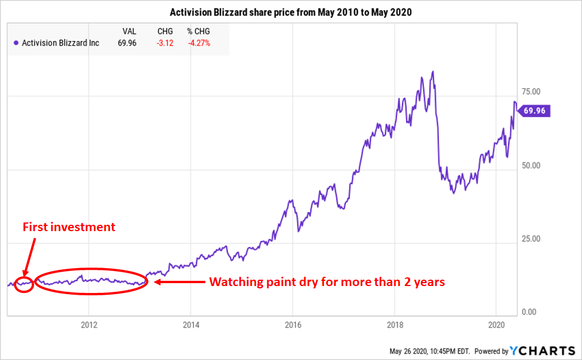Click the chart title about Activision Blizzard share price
[290, 12]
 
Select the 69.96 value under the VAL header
[126, 43]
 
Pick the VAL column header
[128, 31]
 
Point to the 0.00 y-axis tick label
[529, 312]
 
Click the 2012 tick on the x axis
[88, 324]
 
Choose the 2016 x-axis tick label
[293, 324]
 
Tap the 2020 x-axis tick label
[497, 324]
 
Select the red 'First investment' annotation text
[69, 227]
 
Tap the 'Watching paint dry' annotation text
[326, 283]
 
